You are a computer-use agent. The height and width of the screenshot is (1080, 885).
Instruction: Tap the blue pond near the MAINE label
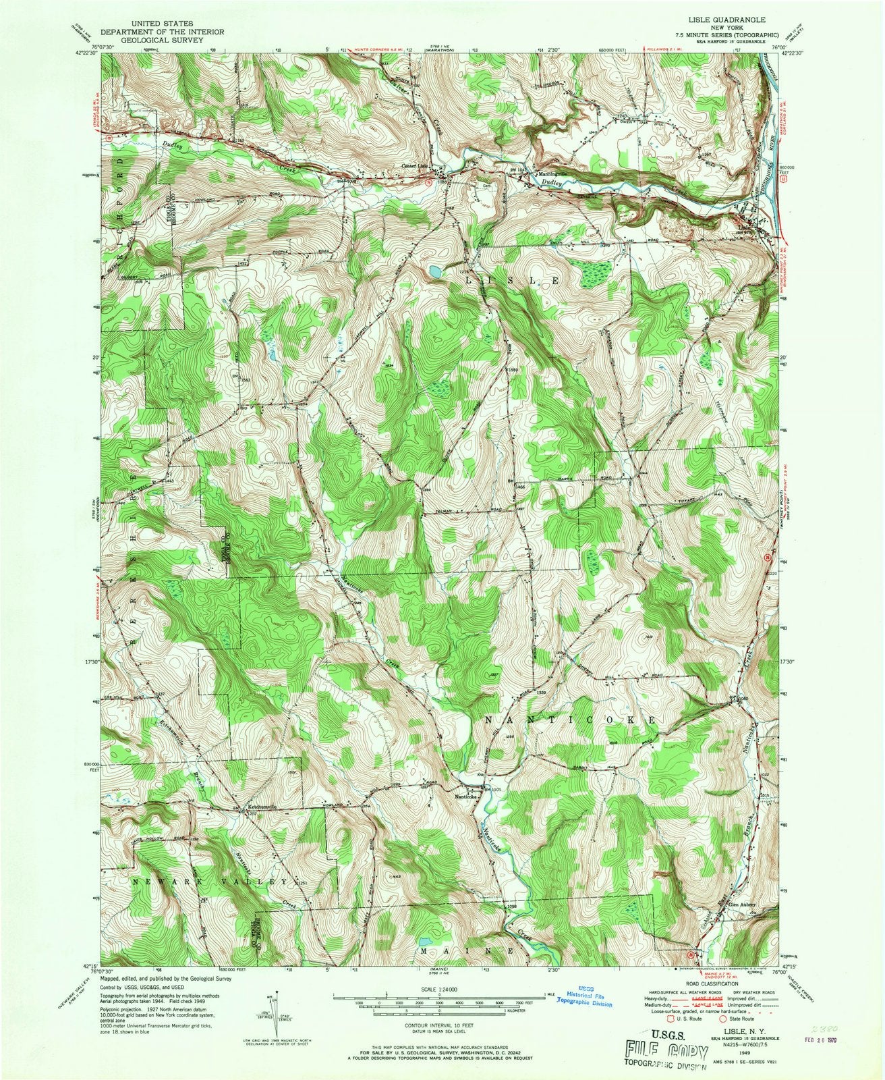click(x=426, y=940)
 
